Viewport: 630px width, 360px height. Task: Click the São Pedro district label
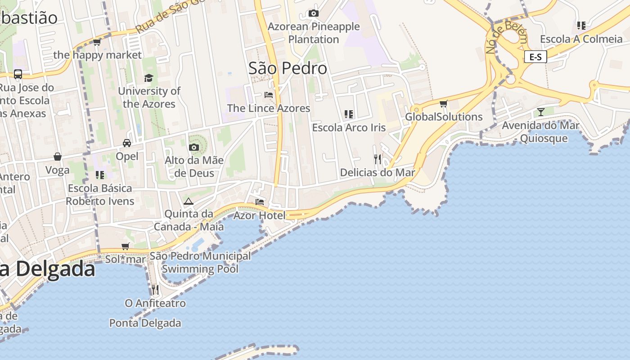(x=288, y=68)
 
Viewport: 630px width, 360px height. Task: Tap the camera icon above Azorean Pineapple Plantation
(x=313, y=13)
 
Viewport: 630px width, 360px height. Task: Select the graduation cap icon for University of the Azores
(x=149, y=78)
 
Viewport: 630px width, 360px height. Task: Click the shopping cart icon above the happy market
(x=97, y=42)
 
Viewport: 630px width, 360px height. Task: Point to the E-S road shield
(x=535, y=57)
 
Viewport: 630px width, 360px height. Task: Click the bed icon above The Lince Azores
(x=269, y=95)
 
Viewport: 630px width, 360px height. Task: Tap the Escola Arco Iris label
(x=349, y=128)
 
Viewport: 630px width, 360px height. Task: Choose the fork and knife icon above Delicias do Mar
(x=378, y=159)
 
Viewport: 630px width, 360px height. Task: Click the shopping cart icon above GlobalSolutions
(x=444, y=104)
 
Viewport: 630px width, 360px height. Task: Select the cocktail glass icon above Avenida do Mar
(x=540, y=112)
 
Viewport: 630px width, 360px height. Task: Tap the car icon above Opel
(x=127, y=143)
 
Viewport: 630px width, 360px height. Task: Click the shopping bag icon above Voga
(x=58, y=157)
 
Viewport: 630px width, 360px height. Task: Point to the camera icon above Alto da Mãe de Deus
(x=194, y=147)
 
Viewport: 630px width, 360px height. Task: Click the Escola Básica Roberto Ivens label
(x=100, y=194)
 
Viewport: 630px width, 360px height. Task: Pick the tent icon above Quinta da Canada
(x=188, y=201)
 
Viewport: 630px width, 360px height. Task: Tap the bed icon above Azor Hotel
(x=260, y=202)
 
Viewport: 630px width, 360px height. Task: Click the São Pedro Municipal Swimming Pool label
(x=200, y=262)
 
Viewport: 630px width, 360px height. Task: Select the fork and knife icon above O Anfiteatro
(x=155, y=289)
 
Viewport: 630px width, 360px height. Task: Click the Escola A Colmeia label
(x=581, y=39)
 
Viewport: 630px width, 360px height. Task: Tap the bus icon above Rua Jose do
(x=18, y=74)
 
